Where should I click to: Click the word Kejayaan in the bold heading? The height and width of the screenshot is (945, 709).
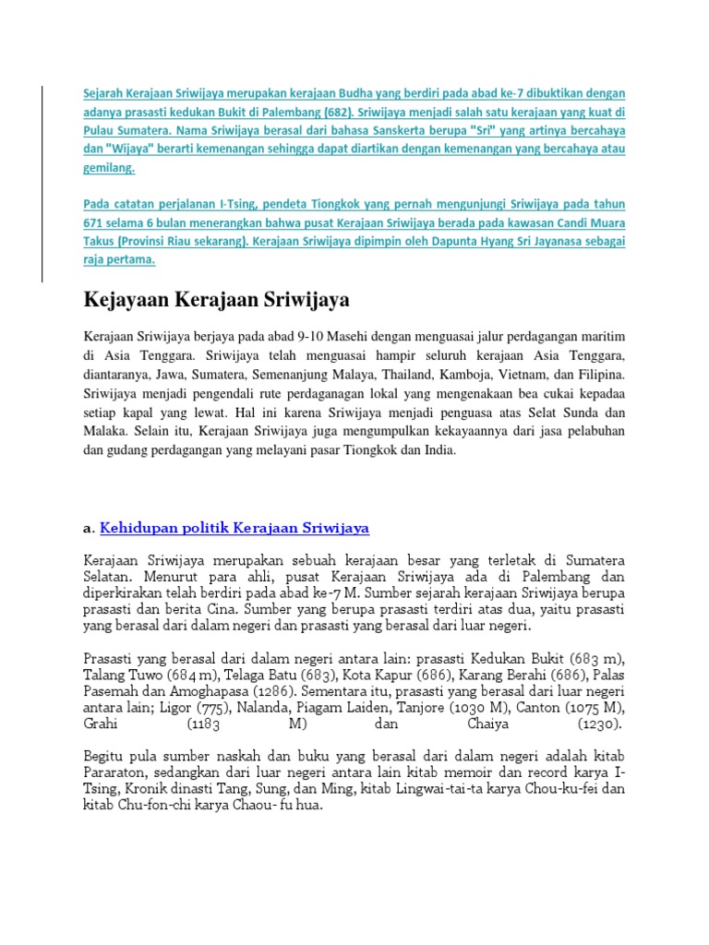click(x=122, y=301)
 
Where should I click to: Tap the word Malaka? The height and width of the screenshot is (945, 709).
click(x=106, y=431)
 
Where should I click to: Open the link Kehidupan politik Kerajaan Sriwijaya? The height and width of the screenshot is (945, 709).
click(x=234, y=528)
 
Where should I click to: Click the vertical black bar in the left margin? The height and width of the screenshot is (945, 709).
click(x=41, y=183)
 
